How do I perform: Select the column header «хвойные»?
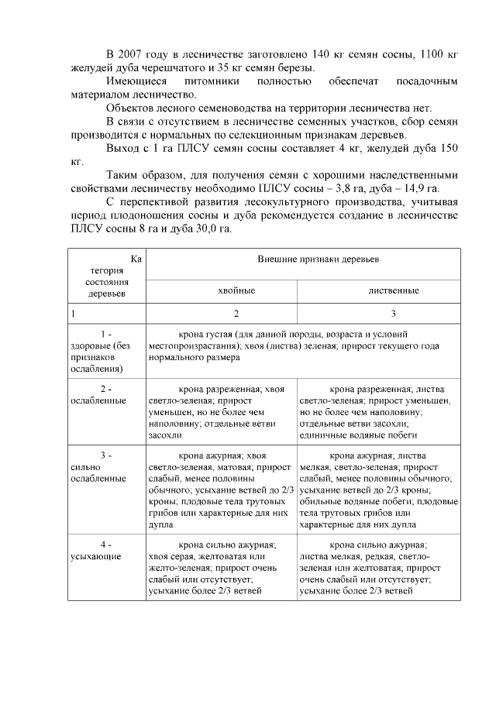[x=222, y=290]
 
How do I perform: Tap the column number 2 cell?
[x=222, y=314]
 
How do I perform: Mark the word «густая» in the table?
[x=222, y=334]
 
